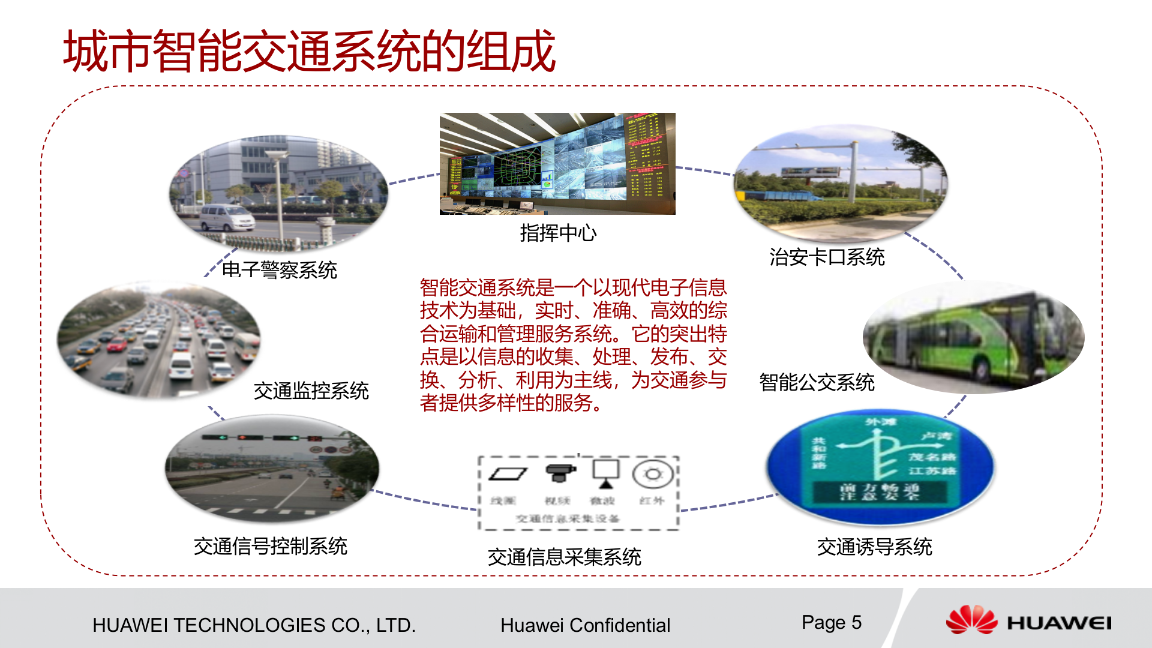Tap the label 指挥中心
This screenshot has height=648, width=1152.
pyautogui.click(x=558, y=233)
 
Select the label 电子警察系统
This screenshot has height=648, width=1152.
pyautogui.click(x=280, y=270)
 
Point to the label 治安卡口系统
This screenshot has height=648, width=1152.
pyautogui.click(x=827, y=257)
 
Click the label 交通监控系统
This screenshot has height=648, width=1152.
pyautogui.click(x=311, y=391)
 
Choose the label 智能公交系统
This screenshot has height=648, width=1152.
pyautogui.click(x=817, y=382)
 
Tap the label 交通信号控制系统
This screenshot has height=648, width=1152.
pyautogui.click(x=270, y=547)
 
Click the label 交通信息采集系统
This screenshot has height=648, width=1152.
pyautogui.click(x=564, y=557)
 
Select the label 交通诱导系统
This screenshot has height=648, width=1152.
pyautogui.click(x=874, y=547)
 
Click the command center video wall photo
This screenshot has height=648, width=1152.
pyautogui.click(x=557, y=163)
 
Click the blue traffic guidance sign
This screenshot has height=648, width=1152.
pyautogui.click(x=880, y=465)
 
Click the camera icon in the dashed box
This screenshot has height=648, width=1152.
pyautogui.click(x=560, y=473)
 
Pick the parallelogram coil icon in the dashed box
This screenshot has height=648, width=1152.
pyautogui.click(x=508, y=474)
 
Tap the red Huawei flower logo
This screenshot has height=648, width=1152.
pyautogui.click(x=971, y=620)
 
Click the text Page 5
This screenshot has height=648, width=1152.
pyautogui.click(x=831, y=623)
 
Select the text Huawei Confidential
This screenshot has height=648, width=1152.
pyautogui.click(x=585, y=625)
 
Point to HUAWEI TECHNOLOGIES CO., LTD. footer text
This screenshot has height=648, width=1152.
pyautogui.click(x=254, y=625)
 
